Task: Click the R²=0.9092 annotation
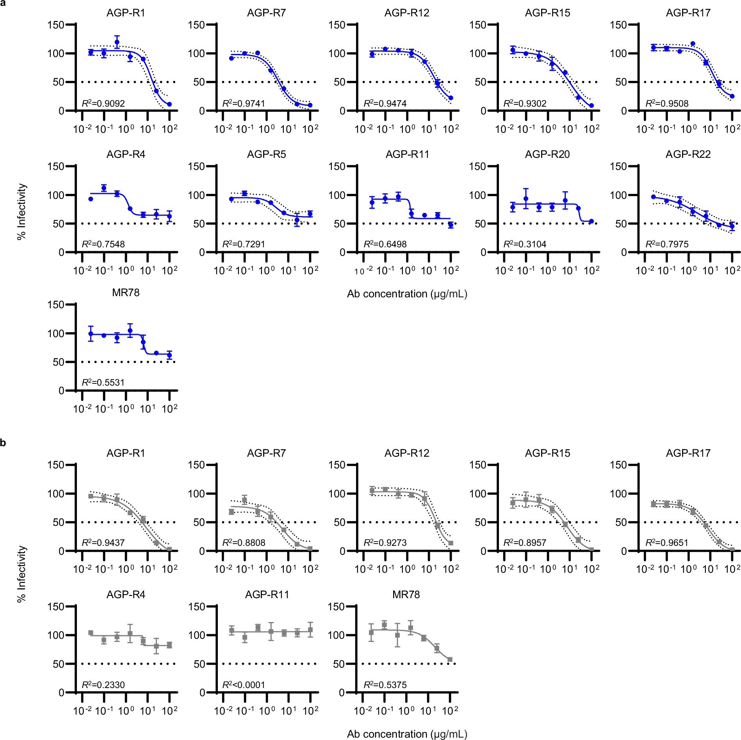(103, 104)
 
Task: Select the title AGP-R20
(547, 154)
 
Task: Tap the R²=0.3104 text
(525, 244)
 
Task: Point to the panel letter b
(3, 443)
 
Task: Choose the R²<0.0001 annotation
(244, 685)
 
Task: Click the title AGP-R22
(688, 154)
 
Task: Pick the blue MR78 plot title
(126, 293)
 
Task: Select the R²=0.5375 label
(385, 685)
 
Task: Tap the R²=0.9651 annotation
(667, 543)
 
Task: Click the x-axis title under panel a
(407, 294)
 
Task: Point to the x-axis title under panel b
(407, 734)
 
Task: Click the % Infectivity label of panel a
(21, 211)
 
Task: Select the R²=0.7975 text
(667, 244)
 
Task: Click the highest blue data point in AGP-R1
(117, 42)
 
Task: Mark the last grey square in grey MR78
(450, 660)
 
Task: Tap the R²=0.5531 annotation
(103, 383)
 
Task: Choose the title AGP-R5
(266, 154)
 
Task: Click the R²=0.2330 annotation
(103, 685)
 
